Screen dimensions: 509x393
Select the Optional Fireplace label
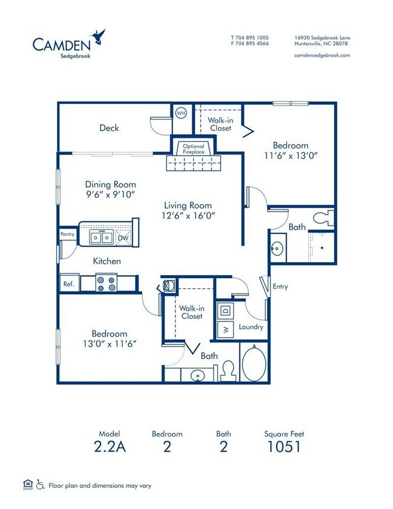[193, 149]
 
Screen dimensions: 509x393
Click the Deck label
[109, 128]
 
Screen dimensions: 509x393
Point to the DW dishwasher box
[123, 238]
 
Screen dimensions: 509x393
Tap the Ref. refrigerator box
[68, 283]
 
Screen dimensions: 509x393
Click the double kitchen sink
[101, 238]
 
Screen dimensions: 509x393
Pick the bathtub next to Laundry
[256, 362]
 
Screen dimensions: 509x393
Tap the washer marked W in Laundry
[226, 329]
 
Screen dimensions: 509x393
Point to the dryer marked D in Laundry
[225, 310]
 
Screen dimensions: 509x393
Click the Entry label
[280, 286]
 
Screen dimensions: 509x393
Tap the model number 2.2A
[110, 447]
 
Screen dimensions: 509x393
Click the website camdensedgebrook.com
[322, 55]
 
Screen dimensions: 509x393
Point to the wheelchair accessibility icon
[40, 484]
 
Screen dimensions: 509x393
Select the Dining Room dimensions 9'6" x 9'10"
[110, 194]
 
